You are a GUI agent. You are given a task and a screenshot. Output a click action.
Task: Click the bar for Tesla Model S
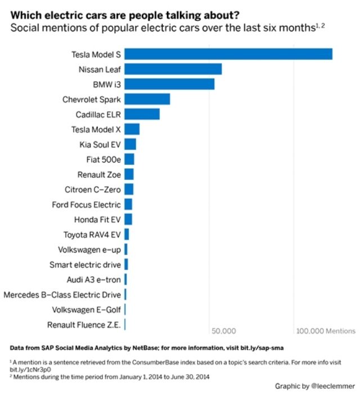tap(228, 54)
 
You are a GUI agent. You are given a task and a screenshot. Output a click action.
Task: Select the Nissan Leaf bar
tap(173, 69)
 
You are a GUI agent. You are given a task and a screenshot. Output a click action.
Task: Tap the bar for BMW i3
tap(169, 84)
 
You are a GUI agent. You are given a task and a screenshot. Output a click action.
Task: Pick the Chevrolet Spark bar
tap(147, 99)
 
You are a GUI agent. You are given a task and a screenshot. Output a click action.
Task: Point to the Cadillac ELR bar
tap(142, 114)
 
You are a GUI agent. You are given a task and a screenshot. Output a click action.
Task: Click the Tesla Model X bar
tap(132, 129)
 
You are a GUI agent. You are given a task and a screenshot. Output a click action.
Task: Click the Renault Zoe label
tap(99, 174)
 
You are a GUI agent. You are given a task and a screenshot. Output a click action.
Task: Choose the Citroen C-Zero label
tap(93, 189)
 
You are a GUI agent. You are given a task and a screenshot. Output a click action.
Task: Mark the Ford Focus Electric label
tap(86, 204)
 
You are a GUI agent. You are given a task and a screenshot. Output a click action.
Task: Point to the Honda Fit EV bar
tap(128, 219)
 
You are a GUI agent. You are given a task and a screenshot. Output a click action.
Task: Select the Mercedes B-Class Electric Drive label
tap(62, 294)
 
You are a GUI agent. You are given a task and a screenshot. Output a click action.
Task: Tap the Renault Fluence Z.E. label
tap(84, 325)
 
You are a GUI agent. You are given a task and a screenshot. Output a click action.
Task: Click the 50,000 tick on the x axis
tap(223, 330)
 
